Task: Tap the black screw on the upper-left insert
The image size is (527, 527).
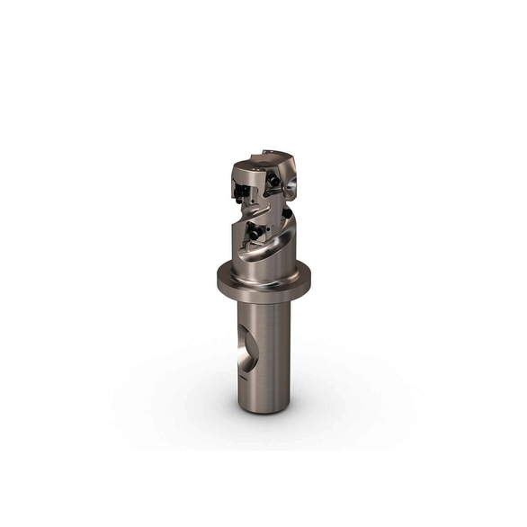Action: [x=242, y=192]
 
